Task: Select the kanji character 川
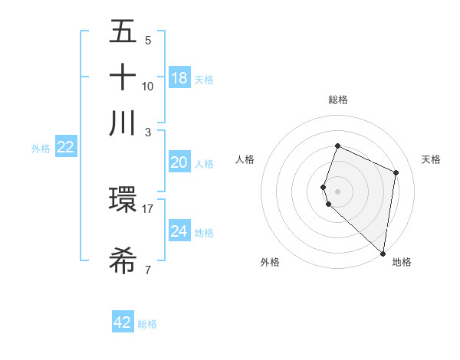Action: pos(123,123)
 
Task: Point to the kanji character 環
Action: pos(123,201)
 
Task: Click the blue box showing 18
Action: pos(179,78)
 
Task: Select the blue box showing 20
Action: pos(179,162)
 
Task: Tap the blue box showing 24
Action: pos(179,231)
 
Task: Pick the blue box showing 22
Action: pos(65,147)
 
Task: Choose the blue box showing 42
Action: pos(123,322)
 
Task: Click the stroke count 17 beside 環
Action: pos(148,208)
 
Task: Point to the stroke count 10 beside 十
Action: pos(148,86)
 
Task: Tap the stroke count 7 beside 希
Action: pos(148,270)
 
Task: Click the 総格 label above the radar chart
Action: pos(337,100)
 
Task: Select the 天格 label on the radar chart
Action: pos(431,159)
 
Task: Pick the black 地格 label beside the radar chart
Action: pos(402,262)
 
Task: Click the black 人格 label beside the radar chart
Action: pos(245,159)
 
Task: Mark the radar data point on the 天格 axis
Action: pos(396,172)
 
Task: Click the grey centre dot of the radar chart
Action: pos(337,191)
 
